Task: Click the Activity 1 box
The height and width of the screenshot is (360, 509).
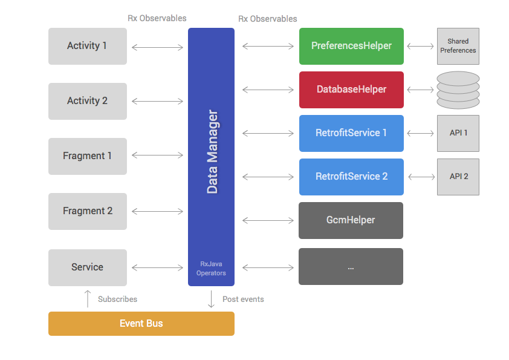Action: click(88, 46)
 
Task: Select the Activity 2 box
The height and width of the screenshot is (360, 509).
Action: click(88, 101)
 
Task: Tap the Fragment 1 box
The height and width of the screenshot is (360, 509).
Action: click(88, 156)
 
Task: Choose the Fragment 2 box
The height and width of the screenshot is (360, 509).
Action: click(88, 211)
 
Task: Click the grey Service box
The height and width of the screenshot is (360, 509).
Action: click(88, 267)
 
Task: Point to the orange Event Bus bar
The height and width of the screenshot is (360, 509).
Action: click(141, 324)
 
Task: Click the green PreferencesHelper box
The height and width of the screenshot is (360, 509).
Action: click(351, 46)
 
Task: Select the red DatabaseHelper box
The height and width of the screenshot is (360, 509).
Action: click(351, 90)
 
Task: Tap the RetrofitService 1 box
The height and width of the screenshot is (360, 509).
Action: click(351, 133)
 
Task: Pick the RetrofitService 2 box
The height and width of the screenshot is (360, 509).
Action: click(351, 177)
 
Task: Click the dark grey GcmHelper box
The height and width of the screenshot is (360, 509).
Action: click(351, 220)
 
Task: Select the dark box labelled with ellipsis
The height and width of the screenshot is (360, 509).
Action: click(351, 267)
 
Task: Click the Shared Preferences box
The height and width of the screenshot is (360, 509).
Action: click(458, 46)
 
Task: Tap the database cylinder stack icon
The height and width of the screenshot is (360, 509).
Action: click(458, 90)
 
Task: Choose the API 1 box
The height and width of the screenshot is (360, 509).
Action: click(458, 133)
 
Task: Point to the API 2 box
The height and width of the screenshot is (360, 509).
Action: click(458, 177)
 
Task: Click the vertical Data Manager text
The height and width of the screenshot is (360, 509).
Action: click(212, 151)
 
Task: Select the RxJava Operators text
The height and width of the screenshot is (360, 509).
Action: click(211, 269)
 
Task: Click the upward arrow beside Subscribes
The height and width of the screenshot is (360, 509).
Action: click(88, 299)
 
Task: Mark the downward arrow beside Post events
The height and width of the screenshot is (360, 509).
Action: click(211, 299)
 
